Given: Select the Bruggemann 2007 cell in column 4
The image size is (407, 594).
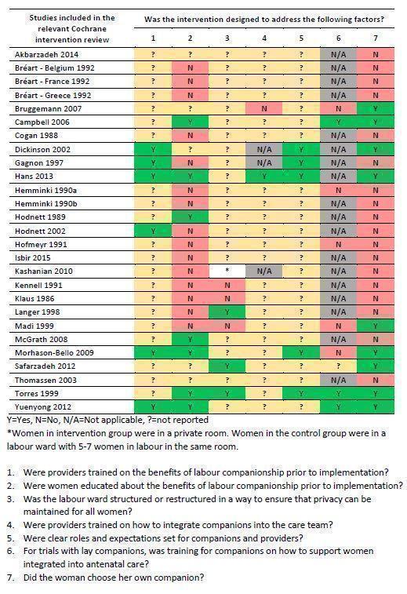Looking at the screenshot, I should click(265, 109).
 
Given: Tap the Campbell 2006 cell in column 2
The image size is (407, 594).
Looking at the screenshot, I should click(190, 122).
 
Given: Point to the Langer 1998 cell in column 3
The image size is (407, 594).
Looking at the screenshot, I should click(227, 312).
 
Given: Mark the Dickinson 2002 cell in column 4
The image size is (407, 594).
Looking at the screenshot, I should click(265, 149).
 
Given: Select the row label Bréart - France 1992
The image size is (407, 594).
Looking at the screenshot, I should click(52, 82).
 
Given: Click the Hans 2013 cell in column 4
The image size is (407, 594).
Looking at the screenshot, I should click(265, 177).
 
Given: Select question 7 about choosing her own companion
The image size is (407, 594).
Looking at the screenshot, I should click(133, 578).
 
